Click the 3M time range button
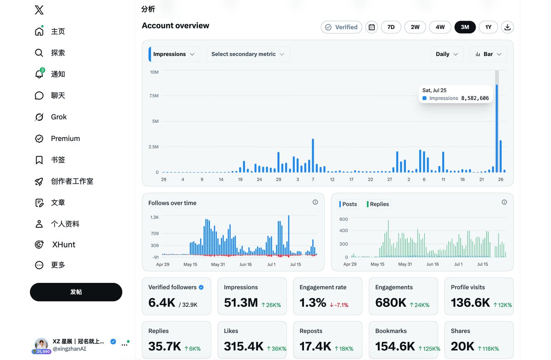click(x=465, y=27)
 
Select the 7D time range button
click(x=391, y=27)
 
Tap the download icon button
click(x=507, y=27)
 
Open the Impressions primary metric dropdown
click(x=174, y=54)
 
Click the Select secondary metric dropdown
click(x=248, y=54)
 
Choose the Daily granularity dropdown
click(x=447, y=54)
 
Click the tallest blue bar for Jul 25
click(x=497, y=129)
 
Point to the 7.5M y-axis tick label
click(x=154, y=96)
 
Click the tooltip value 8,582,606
click(x=475, y=98)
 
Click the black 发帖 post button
click(x=76, y=292)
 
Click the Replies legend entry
click(x=378, y=204)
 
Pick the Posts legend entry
click(x=348, y=204)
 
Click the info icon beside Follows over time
click(x=315, y=202)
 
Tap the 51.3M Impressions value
click(x=241, y=303)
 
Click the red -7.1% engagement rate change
click(x=339, y=305)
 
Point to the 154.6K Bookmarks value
click(x=395, y=346)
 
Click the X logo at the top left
click(x=39, y=10)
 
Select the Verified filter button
click(x=342, y=27)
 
